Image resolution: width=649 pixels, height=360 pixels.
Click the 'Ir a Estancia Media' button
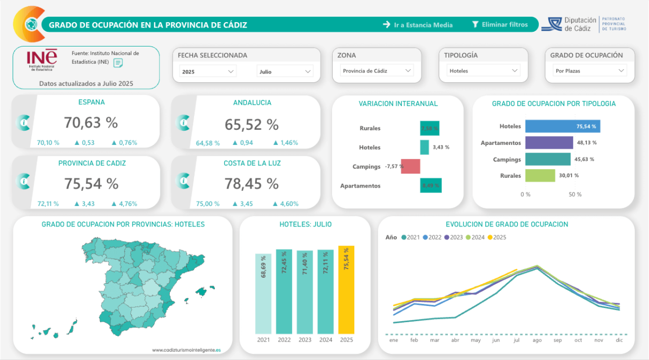(418, 25)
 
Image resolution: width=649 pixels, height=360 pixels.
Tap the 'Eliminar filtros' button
(500, 25)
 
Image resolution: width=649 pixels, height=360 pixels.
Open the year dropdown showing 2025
(208, 71)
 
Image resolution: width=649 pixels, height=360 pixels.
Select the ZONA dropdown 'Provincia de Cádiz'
(377, 71)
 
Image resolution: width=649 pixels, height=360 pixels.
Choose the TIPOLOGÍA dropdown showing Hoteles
(484, 71)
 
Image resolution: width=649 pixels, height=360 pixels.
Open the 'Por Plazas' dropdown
(590, 71)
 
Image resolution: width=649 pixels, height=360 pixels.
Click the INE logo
(42, 60)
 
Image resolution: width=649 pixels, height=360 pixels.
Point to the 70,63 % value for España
(91, 123)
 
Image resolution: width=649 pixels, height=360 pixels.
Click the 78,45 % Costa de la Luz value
(251, 183)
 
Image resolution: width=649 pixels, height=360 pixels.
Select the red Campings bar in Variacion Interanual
(410, 166)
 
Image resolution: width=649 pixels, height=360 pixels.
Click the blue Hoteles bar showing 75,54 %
(562, 126)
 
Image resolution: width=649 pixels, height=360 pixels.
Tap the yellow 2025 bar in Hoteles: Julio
(346, 290)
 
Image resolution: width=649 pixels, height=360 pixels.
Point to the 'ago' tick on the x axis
(537, 341)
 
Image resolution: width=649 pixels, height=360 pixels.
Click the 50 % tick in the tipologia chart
(575, 195)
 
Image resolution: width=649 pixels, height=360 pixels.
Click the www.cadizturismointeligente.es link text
(186, 350)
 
